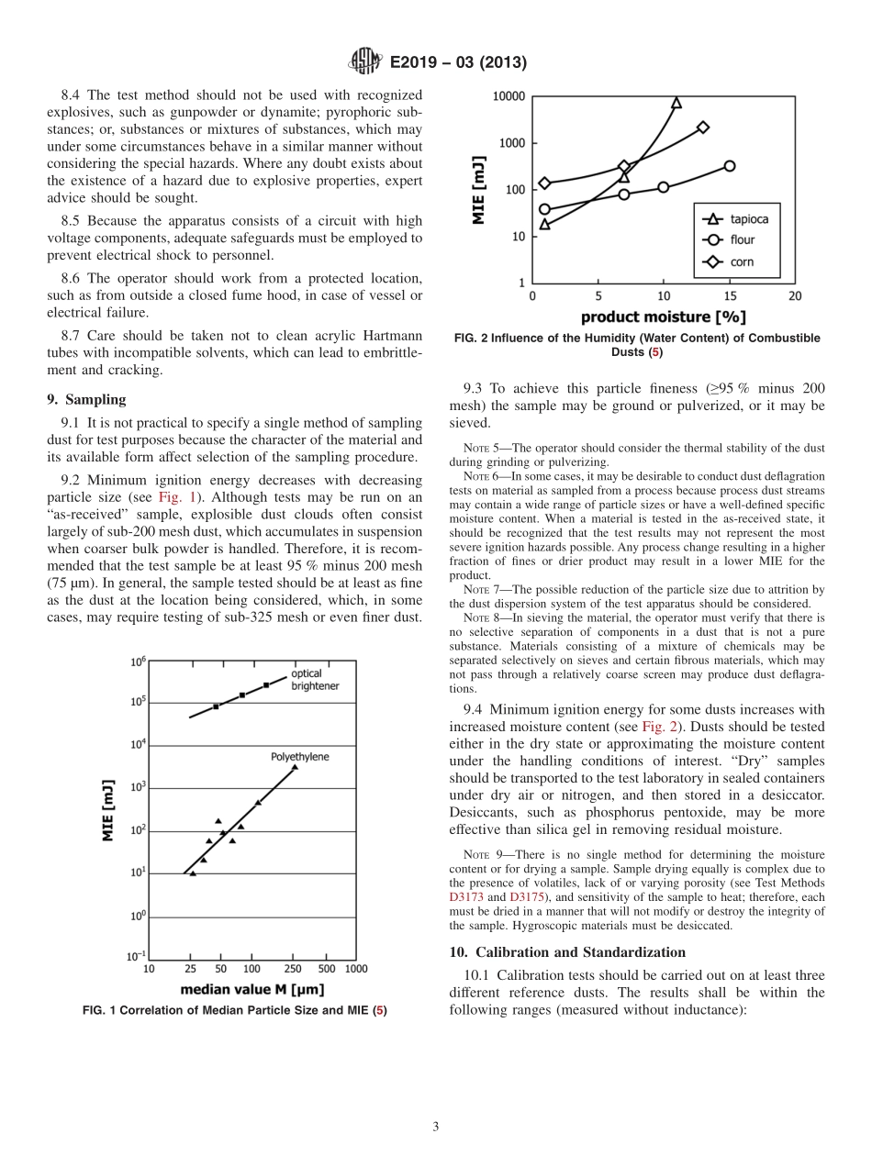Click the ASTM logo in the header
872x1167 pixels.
(364, 62)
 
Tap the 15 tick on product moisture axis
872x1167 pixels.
(729, 296)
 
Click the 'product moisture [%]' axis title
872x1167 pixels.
(663, 317)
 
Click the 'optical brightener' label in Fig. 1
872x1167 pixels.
(312, 679)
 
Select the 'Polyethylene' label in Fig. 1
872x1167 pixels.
(299, 757)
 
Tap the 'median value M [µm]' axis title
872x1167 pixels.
(252, 989)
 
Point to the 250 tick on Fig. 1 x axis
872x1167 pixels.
(294, 968)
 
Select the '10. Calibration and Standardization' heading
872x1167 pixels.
(567, 951)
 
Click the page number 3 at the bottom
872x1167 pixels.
(436, 1127)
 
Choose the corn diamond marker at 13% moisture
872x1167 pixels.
(702, 127)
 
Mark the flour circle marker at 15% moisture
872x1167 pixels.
(729, 166)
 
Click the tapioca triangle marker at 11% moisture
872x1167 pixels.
(676, 103)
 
